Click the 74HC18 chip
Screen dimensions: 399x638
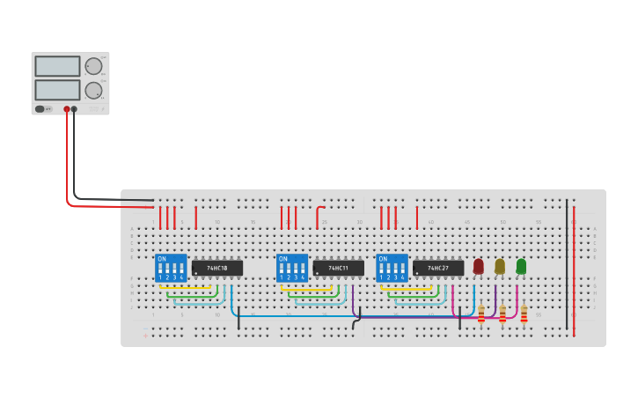pos(216,268)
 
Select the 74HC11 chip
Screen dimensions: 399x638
pos(338,268)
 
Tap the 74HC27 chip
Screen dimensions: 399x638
pos(437,268)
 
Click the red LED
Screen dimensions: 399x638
pos(478,265)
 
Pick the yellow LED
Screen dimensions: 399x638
pos(500,265)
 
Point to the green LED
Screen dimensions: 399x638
pos(521,265)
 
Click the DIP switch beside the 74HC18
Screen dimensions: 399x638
pos(171,268)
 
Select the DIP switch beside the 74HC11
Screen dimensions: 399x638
pos(292,268)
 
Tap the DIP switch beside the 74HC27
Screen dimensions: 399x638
pos(392,268)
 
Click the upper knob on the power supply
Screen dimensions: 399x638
pos(93,66)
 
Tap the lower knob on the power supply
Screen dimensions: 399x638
pos(93,90)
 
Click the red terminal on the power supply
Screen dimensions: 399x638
pos(66,109)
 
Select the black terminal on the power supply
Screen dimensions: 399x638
pos(74,109)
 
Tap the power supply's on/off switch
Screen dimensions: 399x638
pos(40,109)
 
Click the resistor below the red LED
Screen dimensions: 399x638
pos(481,314)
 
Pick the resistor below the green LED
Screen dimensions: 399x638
pos(524,314)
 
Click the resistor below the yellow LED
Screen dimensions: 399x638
pos(502,314)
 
